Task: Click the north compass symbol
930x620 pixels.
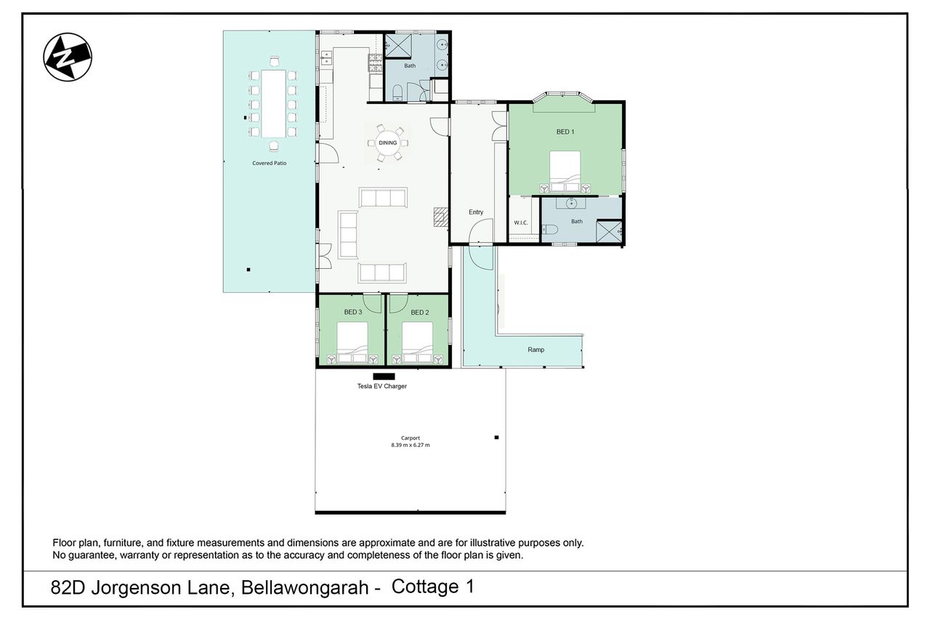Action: click(68, 57)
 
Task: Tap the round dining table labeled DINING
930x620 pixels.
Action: click(388, 143)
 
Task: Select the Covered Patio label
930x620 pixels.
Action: click(269, 164)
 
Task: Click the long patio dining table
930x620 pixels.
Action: click(273, 104)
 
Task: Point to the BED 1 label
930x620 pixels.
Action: click(565, 132)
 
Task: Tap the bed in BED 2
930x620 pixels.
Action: click(417, 342)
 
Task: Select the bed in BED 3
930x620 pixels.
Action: click(352, 342)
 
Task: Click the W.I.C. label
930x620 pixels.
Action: click(521, 222)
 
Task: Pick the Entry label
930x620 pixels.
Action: click(476, 212)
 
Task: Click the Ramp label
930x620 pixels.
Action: click(535, 350)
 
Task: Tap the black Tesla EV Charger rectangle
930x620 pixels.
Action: click(384, 377)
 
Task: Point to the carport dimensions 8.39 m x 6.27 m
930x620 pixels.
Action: click(411, 445)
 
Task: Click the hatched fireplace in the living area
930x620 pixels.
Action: click(441, 217)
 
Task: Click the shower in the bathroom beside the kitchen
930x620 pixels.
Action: click(398, 45)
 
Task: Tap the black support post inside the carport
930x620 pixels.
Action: click(496, 438)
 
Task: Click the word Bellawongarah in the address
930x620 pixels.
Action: click(305, 587)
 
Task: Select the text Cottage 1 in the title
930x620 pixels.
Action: click(432, 587)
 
